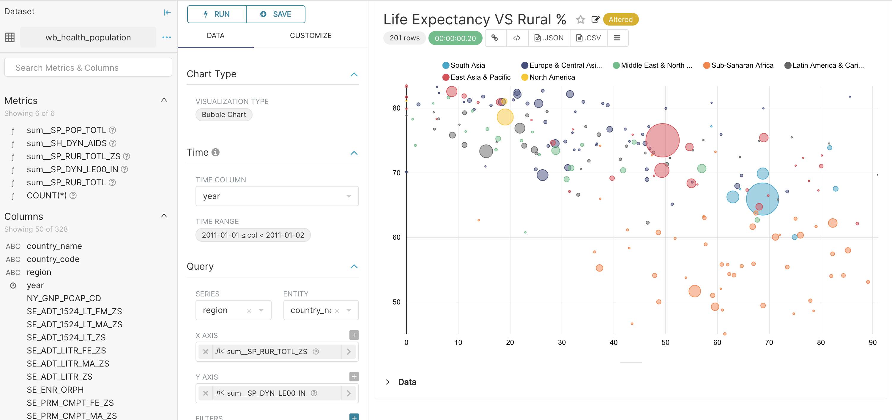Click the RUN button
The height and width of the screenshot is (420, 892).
pos(217,14)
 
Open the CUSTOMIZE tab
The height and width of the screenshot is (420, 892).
pos(310,36)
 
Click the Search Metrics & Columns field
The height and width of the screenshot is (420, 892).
pos(88,67)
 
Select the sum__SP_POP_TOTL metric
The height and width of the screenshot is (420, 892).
pos(66,130)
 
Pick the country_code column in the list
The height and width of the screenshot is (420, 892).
pos(53,259)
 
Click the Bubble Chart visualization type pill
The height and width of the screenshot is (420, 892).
pos(224,115)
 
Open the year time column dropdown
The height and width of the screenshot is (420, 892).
pos(277,196)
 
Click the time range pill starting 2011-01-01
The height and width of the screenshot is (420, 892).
pos(253,235)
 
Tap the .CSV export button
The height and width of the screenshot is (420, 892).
pos(588,38)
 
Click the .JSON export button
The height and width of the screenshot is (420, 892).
pos(549,38)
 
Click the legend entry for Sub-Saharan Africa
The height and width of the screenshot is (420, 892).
pos(742,65)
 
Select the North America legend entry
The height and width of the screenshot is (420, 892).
pos(551,77)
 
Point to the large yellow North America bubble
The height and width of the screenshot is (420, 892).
pos(505,117)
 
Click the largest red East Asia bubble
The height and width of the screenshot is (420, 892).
pos(662,140)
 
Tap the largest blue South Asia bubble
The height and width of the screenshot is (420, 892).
pos(762,199)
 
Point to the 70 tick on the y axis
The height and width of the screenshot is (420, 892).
pos(396,173)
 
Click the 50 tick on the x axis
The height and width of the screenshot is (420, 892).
pos(665,342)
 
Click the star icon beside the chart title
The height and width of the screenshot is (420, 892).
pos(580,19)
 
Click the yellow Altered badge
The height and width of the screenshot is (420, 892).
pos(620,19)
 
